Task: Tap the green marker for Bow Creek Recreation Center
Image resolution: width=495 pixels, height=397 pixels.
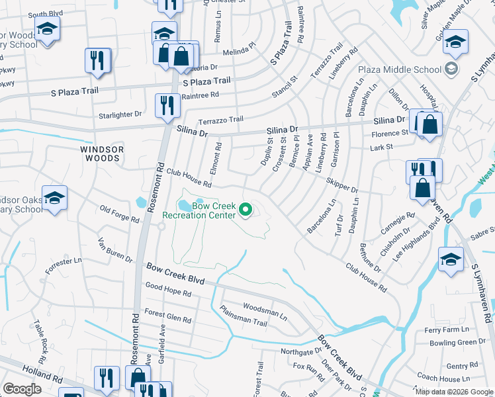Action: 246,210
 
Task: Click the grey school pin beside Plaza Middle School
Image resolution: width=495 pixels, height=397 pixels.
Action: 451,69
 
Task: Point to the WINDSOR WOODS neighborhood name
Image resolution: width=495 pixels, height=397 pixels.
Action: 102,154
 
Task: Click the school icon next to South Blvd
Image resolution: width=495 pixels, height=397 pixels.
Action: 47,28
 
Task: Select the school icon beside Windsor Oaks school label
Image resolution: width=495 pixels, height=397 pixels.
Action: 54,198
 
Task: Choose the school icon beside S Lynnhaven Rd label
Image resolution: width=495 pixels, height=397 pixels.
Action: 451,259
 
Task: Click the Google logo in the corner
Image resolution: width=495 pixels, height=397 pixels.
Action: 22,389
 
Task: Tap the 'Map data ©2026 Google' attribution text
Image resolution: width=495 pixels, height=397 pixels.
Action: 453,392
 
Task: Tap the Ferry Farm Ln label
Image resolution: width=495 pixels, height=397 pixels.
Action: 446,330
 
